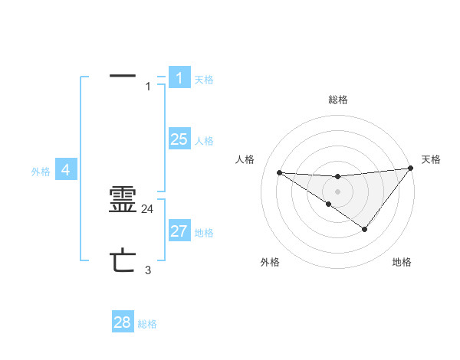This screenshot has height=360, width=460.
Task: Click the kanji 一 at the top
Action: click(123, 77)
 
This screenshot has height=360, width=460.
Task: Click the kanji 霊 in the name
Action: click(123, 200)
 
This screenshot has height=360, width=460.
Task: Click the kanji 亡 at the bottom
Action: click(123, 261)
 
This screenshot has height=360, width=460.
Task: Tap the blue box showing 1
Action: click(179, 77)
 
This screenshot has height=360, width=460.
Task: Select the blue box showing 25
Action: click(179, 139)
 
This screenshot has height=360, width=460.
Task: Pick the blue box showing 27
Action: click(179, 231)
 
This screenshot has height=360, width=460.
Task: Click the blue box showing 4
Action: click(66, 169)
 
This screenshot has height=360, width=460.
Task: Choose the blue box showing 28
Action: click(123, 322)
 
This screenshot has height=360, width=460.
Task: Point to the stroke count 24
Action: click(148, 208)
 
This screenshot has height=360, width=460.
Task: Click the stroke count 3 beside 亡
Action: click(148, 270)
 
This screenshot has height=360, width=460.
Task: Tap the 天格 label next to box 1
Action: click(204, 80)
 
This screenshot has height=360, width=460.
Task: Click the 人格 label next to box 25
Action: click(204, 141)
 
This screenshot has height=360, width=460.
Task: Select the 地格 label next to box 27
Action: click(204, 233)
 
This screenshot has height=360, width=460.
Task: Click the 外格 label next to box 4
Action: click(41, 172)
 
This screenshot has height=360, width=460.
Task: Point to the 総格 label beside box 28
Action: click(147, 325)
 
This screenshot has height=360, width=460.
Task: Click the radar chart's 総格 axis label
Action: click(337, 100)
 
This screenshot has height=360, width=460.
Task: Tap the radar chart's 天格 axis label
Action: click(431, 159)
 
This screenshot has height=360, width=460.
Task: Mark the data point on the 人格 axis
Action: click(279, 172)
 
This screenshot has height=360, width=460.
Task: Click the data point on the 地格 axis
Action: click(365, 229)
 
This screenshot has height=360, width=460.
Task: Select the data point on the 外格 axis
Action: click(328, 204)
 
